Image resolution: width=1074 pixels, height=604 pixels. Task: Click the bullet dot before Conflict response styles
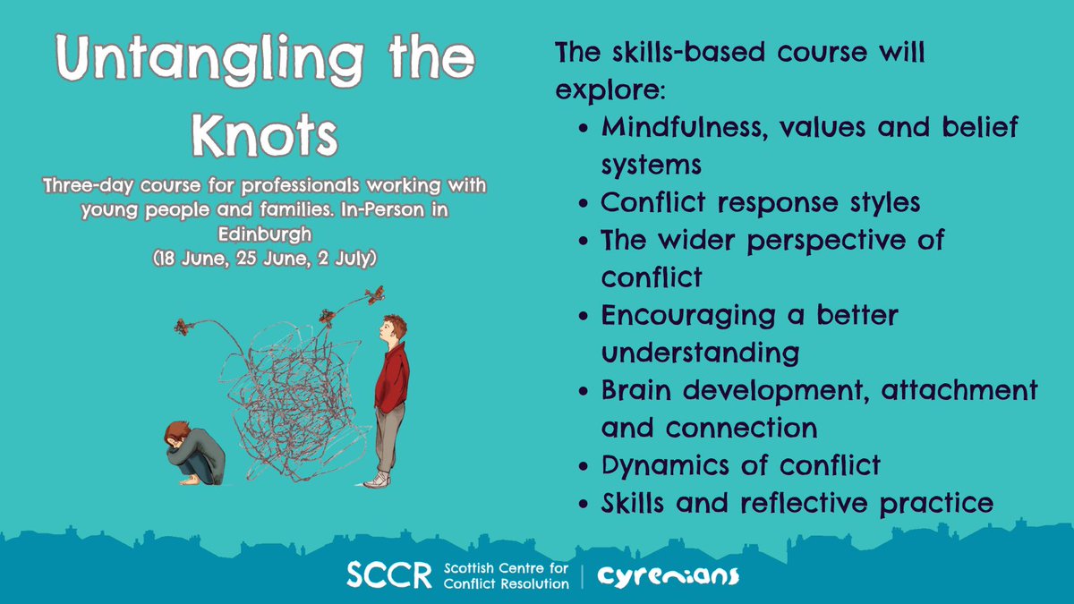584,204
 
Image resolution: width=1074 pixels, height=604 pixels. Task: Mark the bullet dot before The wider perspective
584,242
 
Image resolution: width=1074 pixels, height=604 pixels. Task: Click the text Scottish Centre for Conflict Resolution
506,575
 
